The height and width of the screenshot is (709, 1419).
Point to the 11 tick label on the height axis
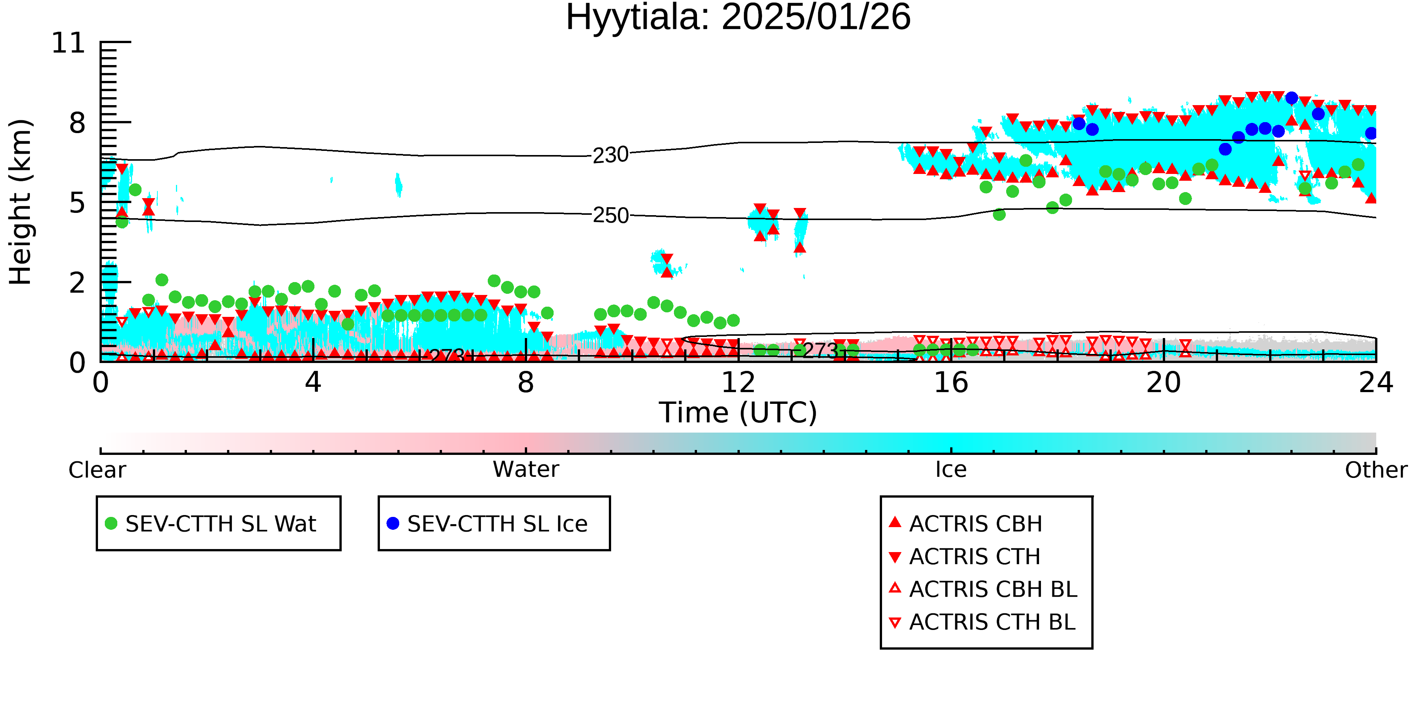68,43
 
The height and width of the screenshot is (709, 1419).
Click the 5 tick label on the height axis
77,203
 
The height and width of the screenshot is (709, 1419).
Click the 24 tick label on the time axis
1375,383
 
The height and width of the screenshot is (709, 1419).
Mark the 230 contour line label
610,155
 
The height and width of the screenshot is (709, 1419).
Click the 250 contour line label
610,215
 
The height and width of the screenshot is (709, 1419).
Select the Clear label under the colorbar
97,470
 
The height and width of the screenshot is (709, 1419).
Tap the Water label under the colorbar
526,470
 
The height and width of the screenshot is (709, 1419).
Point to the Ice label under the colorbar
951,470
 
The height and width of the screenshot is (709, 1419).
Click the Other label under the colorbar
1375,470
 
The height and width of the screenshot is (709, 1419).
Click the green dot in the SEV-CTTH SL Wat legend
111,523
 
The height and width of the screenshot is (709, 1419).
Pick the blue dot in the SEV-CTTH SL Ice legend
393,523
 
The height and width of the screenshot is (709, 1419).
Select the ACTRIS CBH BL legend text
993,590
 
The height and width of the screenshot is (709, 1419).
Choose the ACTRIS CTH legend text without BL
974,557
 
